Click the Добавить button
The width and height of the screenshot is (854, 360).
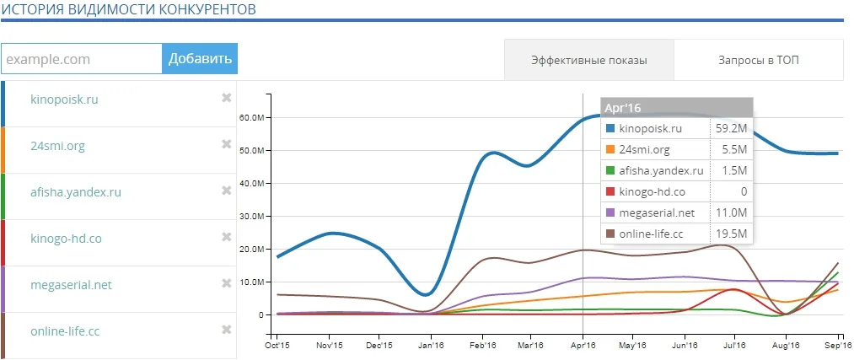tap(200, 58)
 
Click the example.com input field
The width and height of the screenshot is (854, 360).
tap(82, 58)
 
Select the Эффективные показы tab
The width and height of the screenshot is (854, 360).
tap(589, 60)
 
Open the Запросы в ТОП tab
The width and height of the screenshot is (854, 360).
tap(759, 60)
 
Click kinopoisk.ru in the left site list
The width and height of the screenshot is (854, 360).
tap(65, 99)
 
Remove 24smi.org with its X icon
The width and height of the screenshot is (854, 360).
tap(227, 144)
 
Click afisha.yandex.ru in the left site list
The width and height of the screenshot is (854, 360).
tap(76, 192)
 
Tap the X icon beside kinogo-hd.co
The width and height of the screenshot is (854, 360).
tap(227, 236)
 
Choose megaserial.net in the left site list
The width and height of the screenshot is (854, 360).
tap(71, 285)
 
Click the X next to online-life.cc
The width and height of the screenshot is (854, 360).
tap(227, 329)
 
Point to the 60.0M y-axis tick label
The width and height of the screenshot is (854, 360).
tap(251, 118)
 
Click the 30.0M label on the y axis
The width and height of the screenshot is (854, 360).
tap(251, 216)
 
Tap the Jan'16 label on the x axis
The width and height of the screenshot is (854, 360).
tap(428, 346)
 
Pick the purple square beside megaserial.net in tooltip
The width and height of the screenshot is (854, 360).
tap(610, 213)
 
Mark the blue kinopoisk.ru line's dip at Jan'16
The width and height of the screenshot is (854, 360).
tap(427, 294)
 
